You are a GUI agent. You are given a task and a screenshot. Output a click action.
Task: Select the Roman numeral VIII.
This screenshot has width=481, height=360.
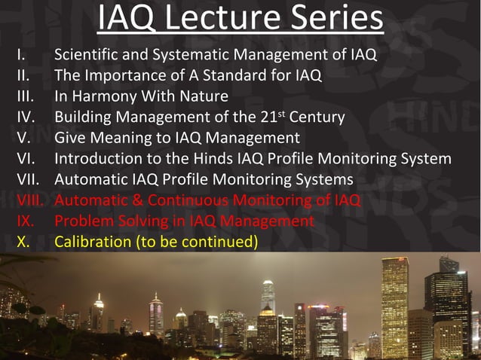coord(32,200)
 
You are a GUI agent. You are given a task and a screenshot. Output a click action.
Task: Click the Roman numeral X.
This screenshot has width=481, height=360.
coord(23,243)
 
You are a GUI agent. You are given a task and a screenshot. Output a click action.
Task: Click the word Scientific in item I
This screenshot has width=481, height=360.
coord(86,55)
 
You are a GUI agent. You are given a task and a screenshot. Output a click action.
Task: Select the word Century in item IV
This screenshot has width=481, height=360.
coord(317,117)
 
